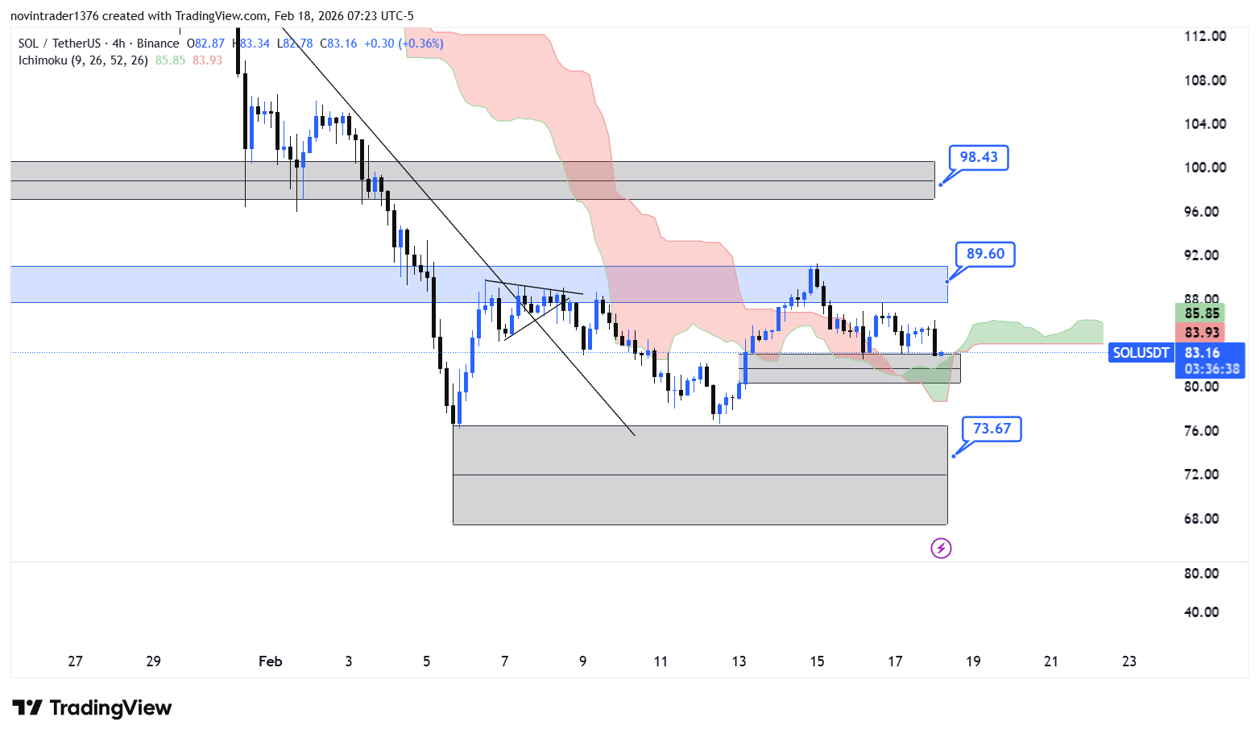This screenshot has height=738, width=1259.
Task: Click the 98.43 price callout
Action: pos(978,157)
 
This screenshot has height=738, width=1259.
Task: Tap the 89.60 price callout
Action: pos(985,254)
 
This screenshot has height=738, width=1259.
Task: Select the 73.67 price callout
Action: pos(992,429)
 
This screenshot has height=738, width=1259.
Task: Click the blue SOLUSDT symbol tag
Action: pos(1141,353)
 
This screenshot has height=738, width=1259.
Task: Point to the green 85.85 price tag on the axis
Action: pos(1201,313)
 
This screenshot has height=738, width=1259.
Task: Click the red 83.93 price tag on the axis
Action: pos(1201,333)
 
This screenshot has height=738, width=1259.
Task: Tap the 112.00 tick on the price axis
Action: pos(1204,36)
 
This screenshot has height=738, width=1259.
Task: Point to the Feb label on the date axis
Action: pos(270,661)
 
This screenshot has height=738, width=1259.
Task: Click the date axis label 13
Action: pos(739,661)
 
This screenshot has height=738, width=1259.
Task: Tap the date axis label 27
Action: pos(75,661)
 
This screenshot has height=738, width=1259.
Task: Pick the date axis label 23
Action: pos(1129,661)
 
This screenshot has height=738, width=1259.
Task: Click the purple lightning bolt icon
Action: pos(941,549)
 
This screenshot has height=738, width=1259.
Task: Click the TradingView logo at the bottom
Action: pos(92,708)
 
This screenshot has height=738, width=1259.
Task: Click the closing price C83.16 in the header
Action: pos(338,44)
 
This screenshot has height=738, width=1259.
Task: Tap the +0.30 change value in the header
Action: pos(379,44)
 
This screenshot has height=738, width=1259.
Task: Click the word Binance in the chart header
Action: pos(158,44)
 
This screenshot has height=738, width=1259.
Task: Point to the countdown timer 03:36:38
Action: pos(1211,369)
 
